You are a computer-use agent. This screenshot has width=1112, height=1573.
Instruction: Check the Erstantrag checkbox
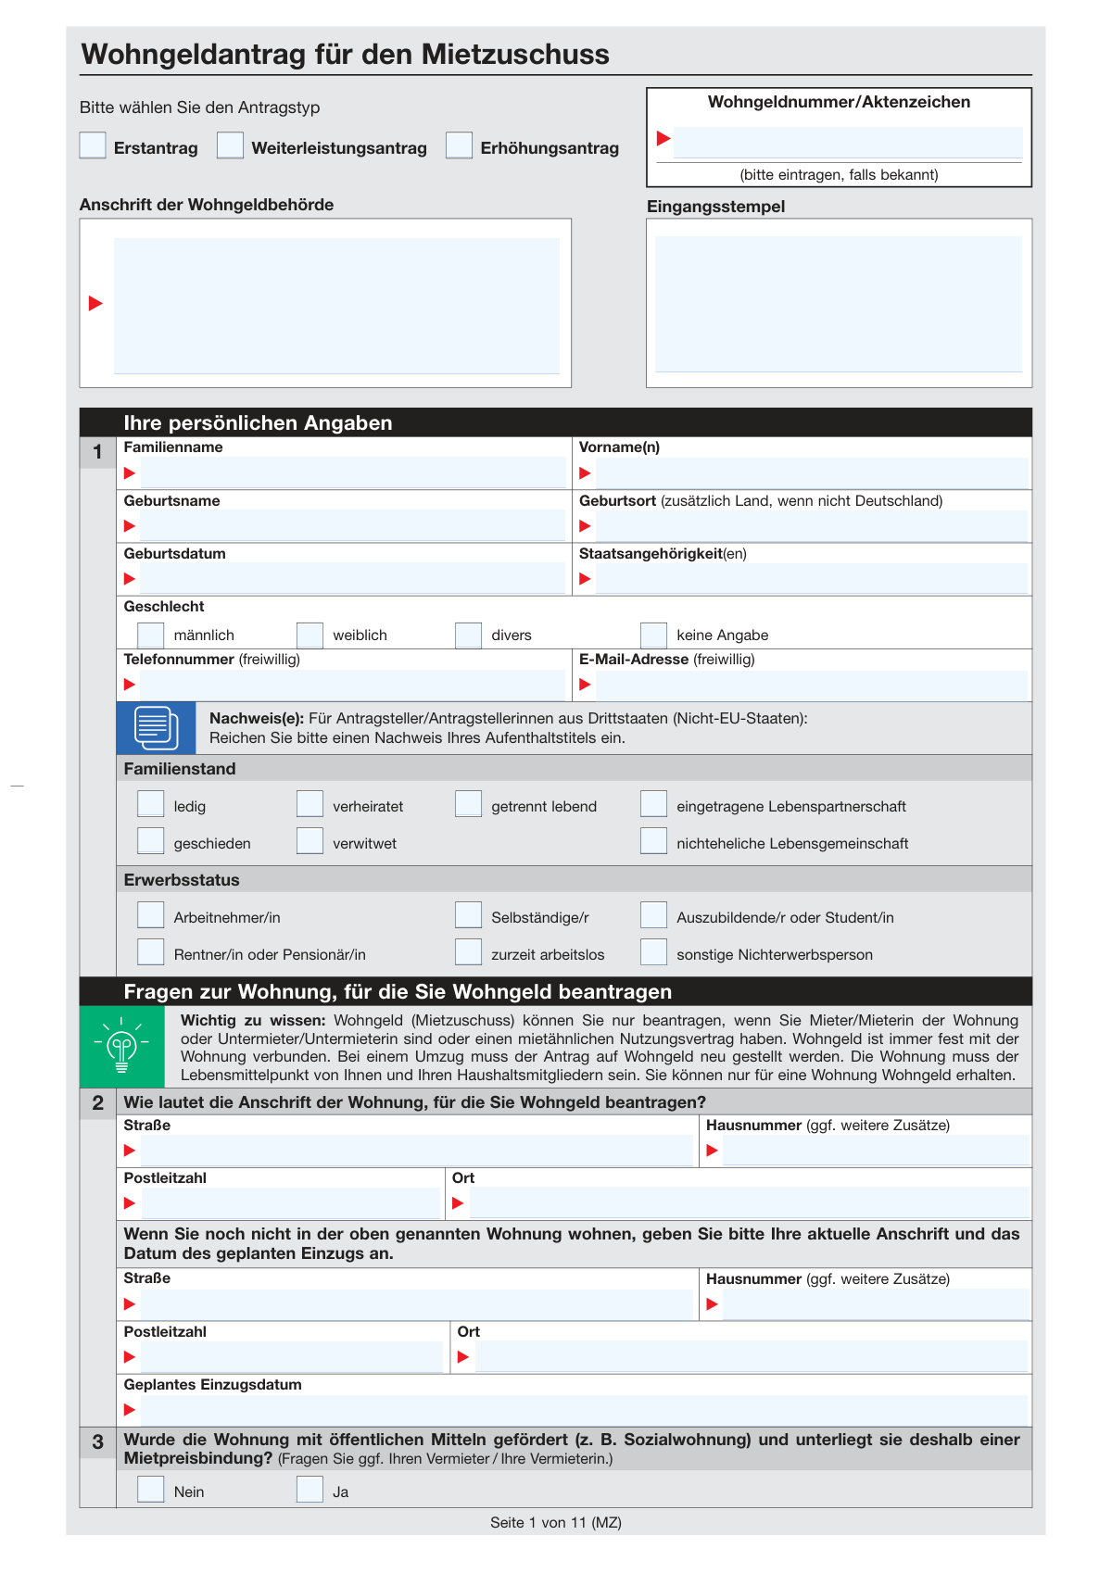(93, 145)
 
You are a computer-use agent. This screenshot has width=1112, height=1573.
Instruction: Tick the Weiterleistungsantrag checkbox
(230, 145)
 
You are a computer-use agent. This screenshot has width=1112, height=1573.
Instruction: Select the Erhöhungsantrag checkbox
(459, 145)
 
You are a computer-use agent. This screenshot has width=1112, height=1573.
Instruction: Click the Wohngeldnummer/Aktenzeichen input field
(847, 142)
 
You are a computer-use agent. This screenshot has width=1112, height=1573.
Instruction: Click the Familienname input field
(352, 473)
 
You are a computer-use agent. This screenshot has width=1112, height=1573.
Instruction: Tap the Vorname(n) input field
(811, 473)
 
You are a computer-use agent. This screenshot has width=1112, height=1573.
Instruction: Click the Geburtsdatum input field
(352, 579)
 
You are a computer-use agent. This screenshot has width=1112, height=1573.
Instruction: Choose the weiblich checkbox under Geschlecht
(310, 635)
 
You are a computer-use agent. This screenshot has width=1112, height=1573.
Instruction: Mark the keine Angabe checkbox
(653, 635)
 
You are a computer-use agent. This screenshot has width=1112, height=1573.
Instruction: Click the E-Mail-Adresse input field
(811, 686)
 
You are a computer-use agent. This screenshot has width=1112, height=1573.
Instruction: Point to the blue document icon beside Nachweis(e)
(156, 727)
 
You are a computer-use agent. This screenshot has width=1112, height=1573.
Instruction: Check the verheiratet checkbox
(310, 804)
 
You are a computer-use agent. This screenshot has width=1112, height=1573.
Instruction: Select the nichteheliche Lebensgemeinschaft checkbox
(653, 841)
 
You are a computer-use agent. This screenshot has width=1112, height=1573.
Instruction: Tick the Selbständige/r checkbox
(468, 915)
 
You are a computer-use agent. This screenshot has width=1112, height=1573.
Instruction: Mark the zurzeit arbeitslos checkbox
(468, 952)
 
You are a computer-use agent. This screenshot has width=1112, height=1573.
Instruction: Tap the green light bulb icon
(121, 1047)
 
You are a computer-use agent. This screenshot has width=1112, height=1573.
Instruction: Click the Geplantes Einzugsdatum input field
(584, 1410)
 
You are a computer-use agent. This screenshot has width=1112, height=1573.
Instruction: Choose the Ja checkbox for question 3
(310, 1490)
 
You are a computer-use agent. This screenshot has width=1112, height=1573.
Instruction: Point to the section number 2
(98, 1102)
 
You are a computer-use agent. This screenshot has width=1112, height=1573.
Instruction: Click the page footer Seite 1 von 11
(555, 1523)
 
